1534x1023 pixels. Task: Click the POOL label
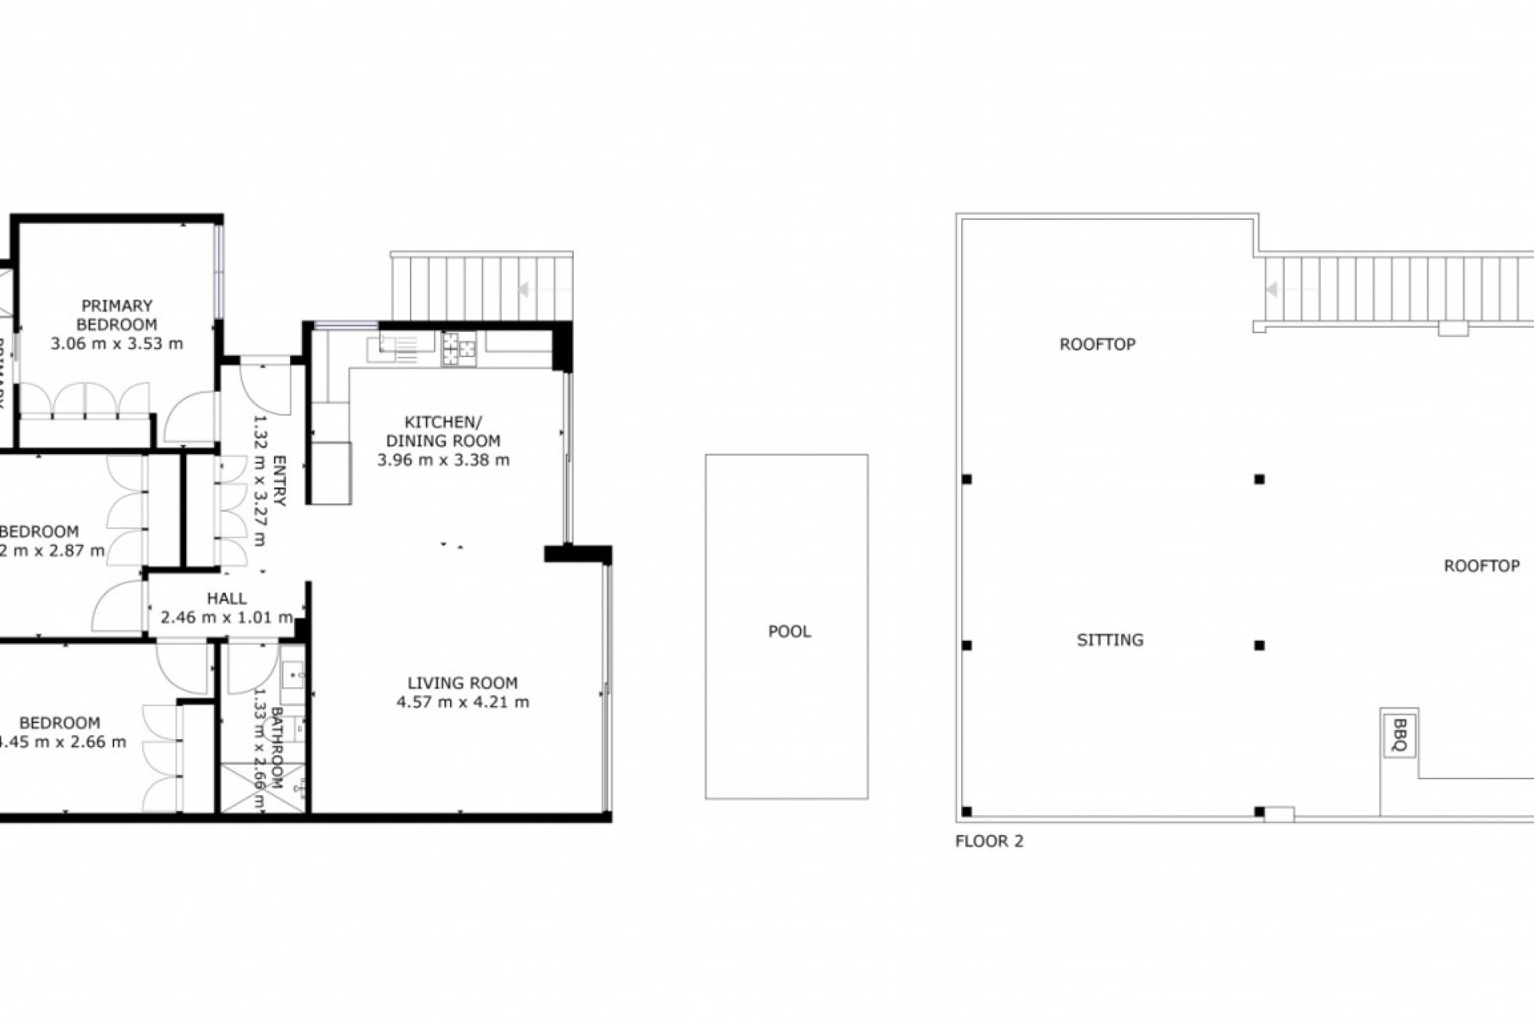[789, 631]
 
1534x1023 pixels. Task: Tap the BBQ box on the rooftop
[1399, 735]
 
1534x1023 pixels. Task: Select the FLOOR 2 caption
[989, 841]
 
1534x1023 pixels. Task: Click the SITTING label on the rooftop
[1110, 639]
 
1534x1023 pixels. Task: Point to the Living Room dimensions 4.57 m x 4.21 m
[463, 703]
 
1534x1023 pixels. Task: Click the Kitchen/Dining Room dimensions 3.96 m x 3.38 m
[443, 460]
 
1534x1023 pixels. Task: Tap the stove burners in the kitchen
[459, 348]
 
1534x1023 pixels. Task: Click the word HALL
[227, 599]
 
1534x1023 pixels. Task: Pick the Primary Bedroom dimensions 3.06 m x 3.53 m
[117, 344]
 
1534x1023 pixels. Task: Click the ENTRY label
[280, 480]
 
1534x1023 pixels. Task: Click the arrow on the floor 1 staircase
[525, 289]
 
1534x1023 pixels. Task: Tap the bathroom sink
[292, 676]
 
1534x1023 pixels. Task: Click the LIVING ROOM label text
[463, 683]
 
